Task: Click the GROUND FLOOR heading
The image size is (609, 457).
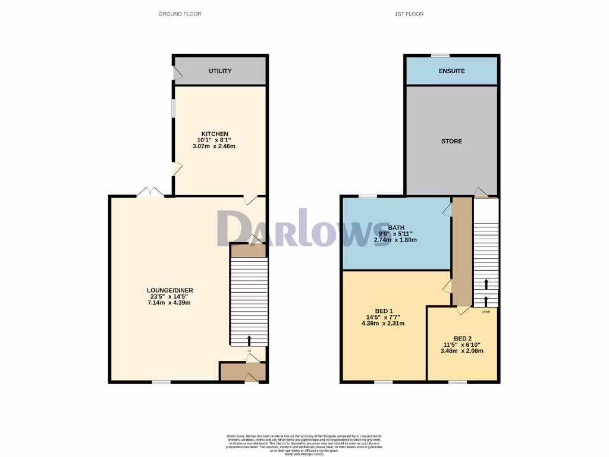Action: (x=180, y=14)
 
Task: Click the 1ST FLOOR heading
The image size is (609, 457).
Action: (x=409, y=14)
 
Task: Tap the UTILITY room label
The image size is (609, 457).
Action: (x=220, y=71)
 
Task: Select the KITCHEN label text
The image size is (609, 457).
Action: (x=215, y=134)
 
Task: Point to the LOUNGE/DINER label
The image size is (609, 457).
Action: (x=170, y=290)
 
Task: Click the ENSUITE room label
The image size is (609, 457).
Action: (x=452, y=71)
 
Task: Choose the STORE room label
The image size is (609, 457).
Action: (x=451, y=142)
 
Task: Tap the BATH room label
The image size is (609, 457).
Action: (x=396, y=228)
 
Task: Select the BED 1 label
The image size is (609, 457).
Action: (x=384, y=311)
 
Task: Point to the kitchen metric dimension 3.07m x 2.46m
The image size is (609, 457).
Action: (x=214, y=146)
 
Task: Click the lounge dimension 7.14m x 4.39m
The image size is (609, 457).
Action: (x=170, y=303)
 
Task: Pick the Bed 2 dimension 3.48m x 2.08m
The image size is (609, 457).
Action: (x=462, y=351)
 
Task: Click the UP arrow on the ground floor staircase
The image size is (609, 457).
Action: (x=249, y=340)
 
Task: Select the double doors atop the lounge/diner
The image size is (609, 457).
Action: (x=150, y=192)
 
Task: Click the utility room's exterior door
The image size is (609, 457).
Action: (x=177, y=73)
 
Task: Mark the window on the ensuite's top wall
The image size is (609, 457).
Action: (x=440, y=55)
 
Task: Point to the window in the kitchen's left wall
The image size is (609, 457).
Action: (x=173, y=110)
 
